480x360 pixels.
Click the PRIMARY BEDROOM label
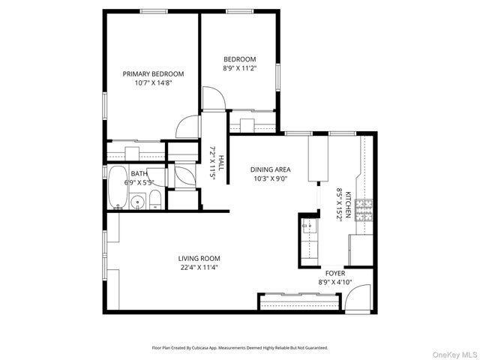pos(153,73)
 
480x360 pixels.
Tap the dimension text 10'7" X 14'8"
pos(153,83)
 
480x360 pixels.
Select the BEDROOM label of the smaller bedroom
pos(239,59)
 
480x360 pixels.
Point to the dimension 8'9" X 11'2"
pos(239,69)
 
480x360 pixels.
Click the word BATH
pos(139,174)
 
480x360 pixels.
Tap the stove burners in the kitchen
pos(364,211)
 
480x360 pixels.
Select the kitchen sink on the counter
pos(308,225)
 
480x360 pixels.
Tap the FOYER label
pos(334,274)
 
